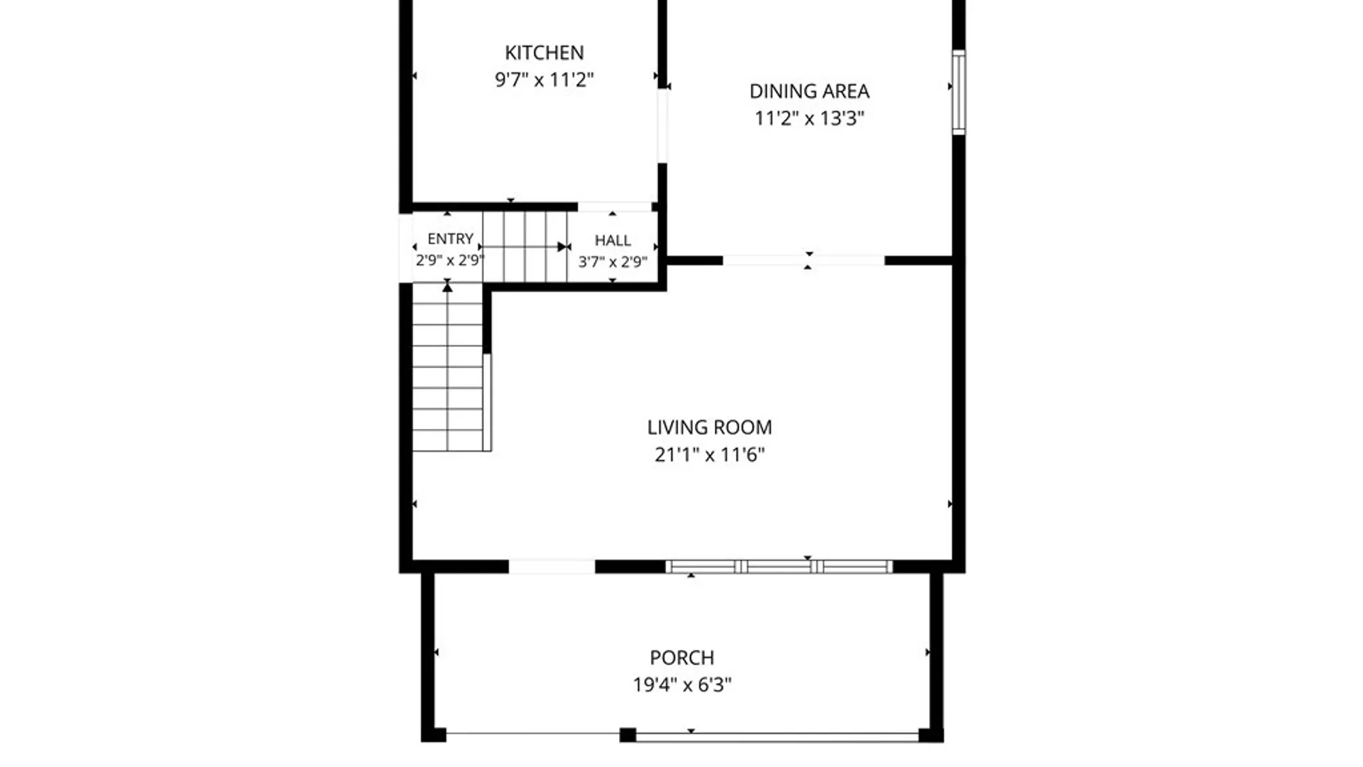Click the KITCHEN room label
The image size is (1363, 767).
point(544,53)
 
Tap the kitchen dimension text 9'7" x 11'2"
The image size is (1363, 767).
point(544,80)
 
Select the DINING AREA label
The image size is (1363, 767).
point(809,91)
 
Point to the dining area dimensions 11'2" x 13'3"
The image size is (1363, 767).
point(809,118)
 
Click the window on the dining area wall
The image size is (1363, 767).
point(958,92)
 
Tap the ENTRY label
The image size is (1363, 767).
point(450,239)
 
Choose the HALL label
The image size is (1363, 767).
point(613,240)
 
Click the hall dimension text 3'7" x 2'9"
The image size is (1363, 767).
point(613,261)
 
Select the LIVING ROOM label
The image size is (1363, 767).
point(709,427)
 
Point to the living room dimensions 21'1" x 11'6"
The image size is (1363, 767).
point(709,455)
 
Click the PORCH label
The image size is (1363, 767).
point(682,658)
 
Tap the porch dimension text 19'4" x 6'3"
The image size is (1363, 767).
point(682,685)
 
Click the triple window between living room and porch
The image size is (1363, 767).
point(779,567)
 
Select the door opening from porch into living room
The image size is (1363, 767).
point(552,567)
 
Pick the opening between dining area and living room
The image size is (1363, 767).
point(804,261)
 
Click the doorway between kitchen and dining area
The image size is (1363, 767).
point(662,126)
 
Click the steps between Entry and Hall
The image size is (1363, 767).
point(525,246)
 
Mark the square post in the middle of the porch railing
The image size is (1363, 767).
point(628,735)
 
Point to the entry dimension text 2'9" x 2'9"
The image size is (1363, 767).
point(449,260)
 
